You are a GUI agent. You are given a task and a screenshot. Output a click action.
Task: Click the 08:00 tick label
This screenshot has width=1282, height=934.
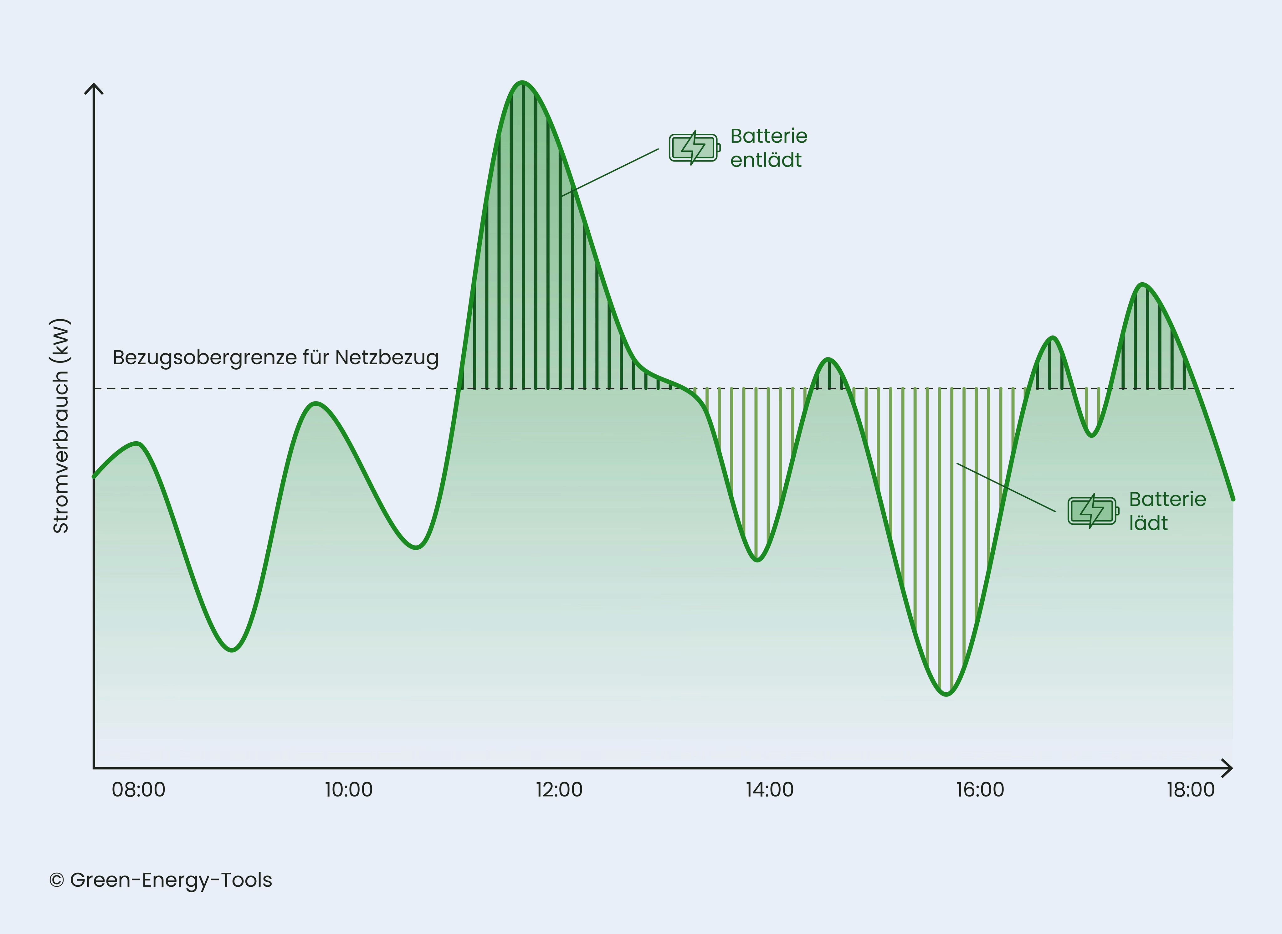coord(138,790)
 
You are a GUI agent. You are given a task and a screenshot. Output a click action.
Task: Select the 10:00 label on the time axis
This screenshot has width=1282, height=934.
coord(349,790)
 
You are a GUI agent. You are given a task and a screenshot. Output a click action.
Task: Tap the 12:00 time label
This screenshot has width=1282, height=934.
coord(559,790)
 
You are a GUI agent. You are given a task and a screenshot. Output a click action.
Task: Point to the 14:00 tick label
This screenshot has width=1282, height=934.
coord(769,790)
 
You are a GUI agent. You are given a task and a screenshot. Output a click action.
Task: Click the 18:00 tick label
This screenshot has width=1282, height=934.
coord(1190,790)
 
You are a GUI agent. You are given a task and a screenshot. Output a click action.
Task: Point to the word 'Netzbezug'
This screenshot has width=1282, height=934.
coord(387,358)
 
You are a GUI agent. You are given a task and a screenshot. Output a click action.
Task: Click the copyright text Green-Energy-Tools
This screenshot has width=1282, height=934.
coord(161,880)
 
